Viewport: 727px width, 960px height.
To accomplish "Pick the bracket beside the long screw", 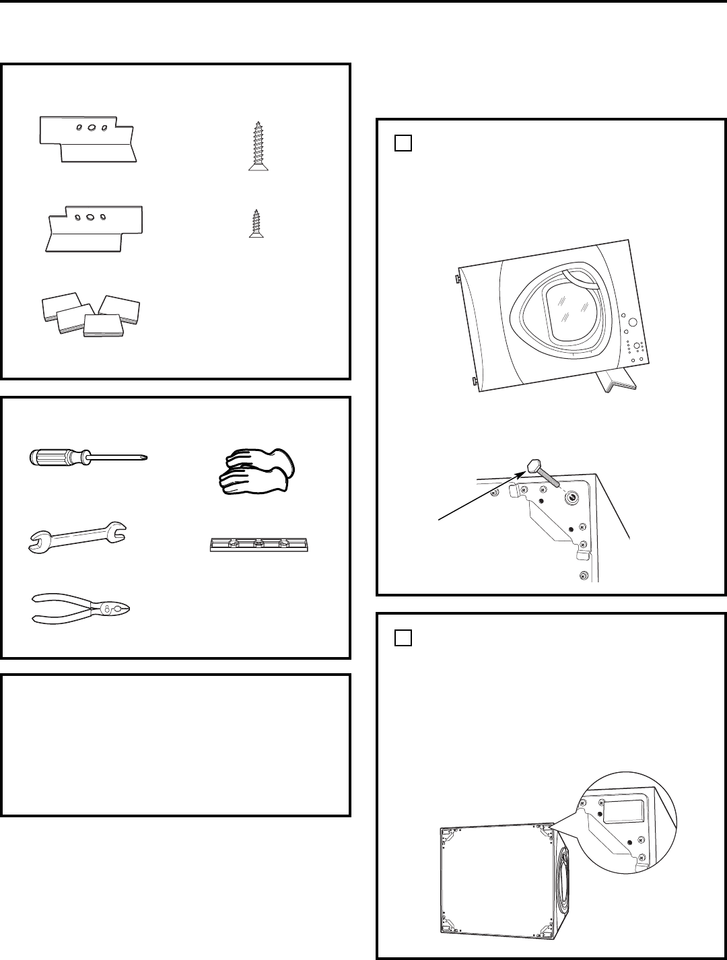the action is pyautogui.click(x=90, y=139).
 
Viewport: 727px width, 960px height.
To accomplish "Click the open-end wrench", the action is pyautogui.click(x=78, y=536).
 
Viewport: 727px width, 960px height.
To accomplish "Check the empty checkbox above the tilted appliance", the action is pyautogui.click(x=402, y=143).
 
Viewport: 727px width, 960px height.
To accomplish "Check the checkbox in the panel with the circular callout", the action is pyautogui.click(x=402, y=636).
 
